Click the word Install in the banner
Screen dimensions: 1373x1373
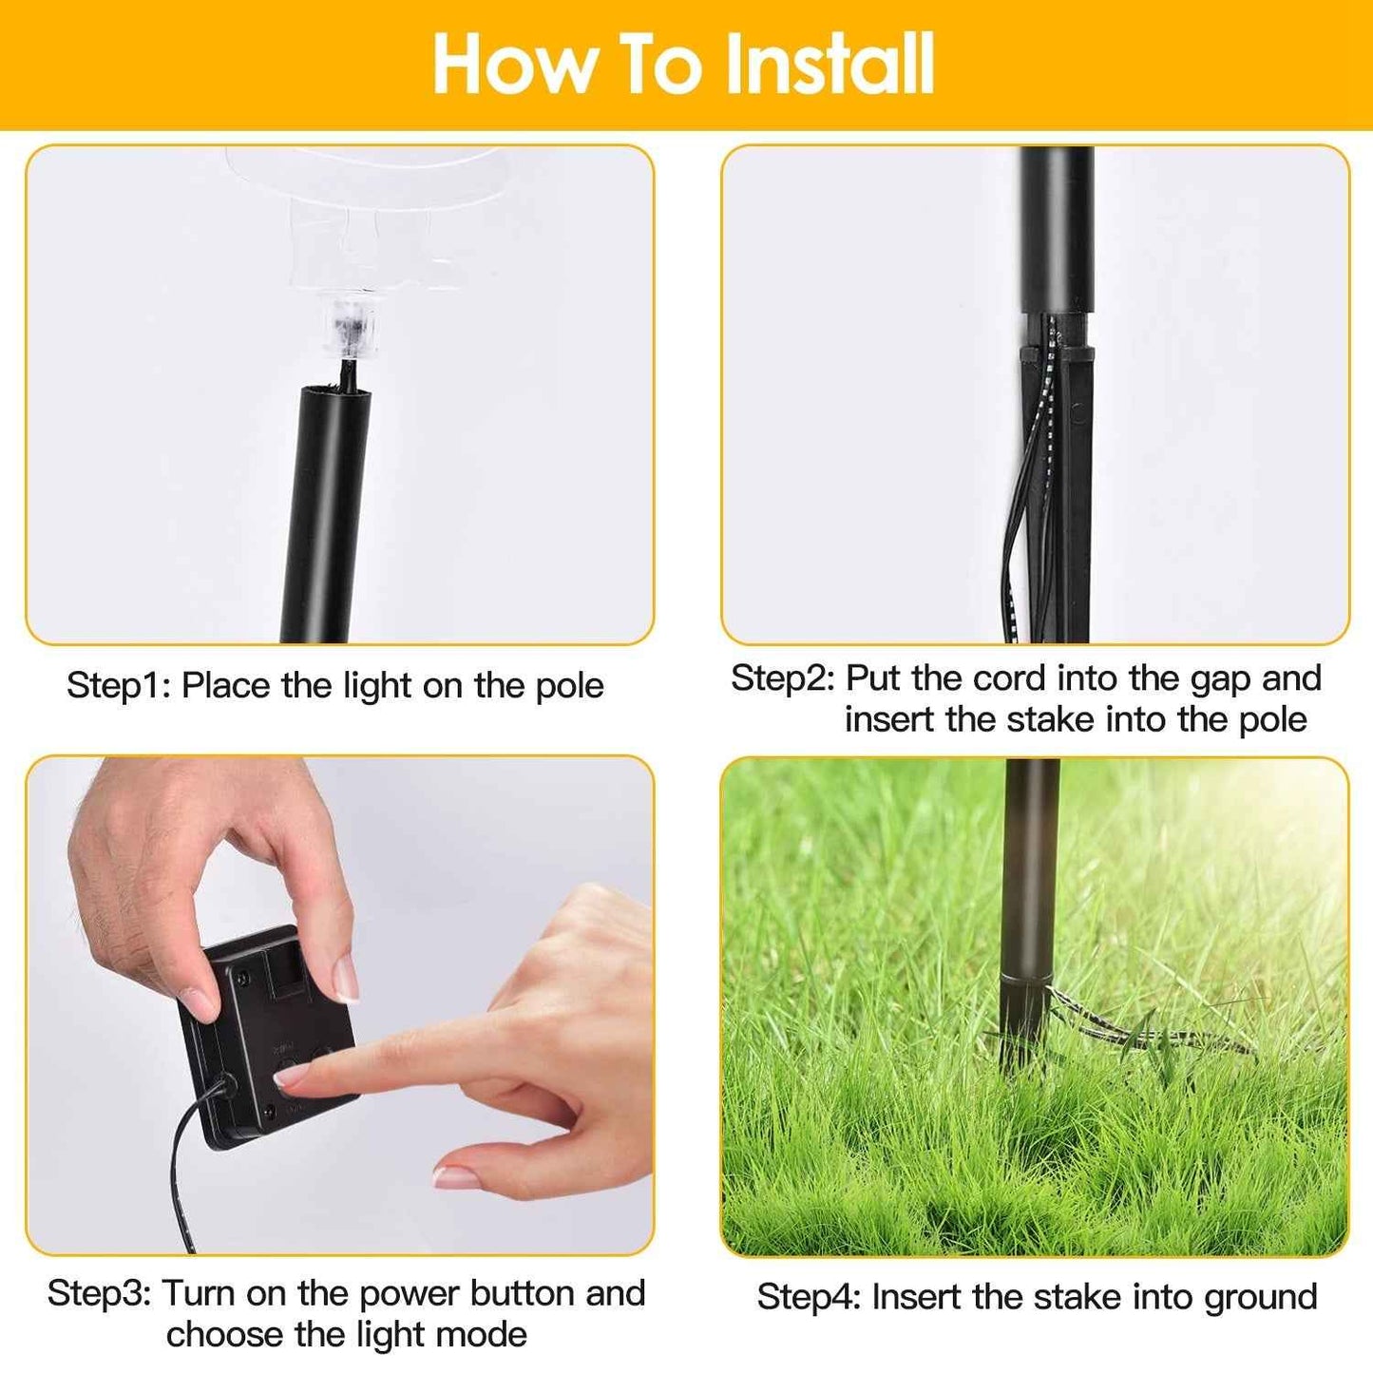[x=829, y=65]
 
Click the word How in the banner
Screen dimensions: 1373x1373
[x=514, y=65]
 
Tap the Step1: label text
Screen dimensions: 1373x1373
[x=119, y=686]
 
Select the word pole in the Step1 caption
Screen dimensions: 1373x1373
[x=569, y=686]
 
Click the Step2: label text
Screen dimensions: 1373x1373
[x=782, y=678]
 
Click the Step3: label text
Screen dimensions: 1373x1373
[x=99, y=1294]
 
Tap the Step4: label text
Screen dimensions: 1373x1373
[x=809, y=1298]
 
